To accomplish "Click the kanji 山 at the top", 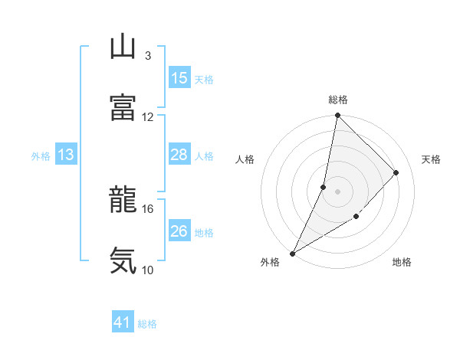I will pos(123,47).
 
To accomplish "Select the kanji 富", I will pos(123,108).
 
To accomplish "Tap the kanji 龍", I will pos(123,200).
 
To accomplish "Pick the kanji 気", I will pos(123,260).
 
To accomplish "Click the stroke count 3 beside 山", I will pos(147,56).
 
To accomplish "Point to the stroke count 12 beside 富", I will pos(147,116).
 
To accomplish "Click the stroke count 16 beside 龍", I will pos(147,208).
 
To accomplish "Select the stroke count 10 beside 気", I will pos(147,270).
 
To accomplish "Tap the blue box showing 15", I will pos(179,78).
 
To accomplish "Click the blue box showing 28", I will pos(179,155).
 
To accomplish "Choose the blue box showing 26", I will pos(179,231).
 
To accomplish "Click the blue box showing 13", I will pos(66,155).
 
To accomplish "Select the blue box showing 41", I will pos(123,323).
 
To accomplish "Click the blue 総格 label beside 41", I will pos(147,324).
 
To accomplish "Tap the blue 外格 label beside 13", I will pos(41,155).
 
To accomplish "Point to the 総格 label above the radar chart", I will pos(338,100).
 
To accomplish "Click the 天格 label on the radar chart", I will pos(432,159).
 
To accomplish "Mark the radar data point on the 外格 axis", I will pos(292,254).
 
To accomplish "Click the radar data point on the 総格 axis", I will pos(337,116).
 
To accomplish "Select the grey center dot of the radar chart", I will pos(337,191).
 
